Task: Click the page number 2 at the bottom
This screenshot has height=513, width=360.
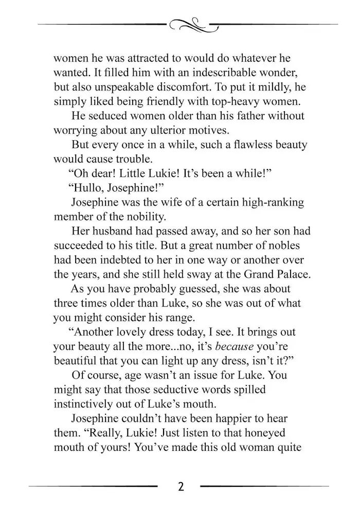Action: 180,486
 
